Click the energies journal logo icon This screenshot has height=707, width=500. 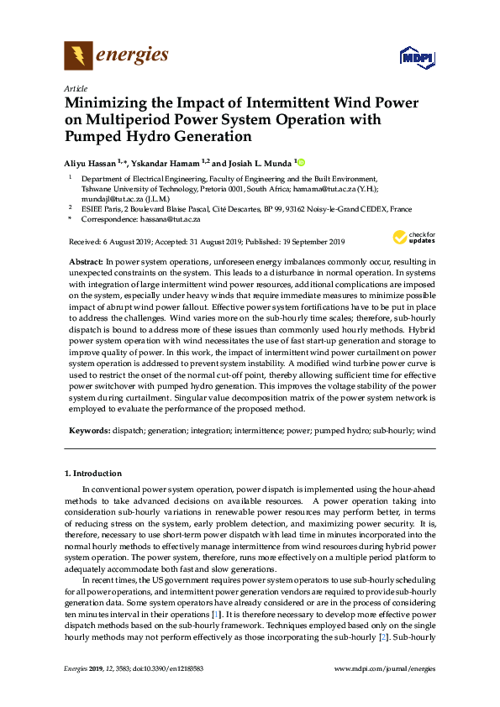tap(78, 56)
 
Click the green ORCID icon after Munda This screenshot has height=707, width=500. tap(301, 162)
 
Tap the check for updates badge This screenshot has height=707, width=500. tap(413, 238)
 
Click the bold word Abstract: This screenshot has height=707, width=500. tap(87, 263)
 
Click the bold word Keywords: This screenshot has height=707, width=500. tap(89, 430)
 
